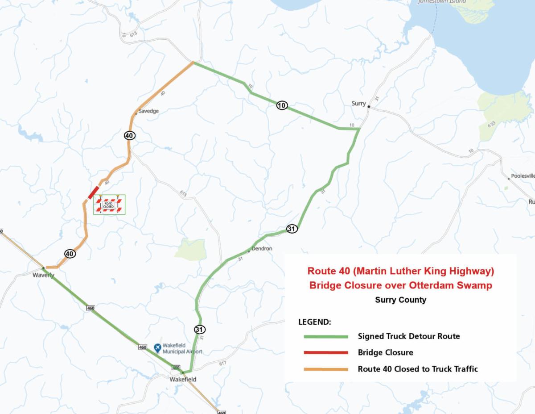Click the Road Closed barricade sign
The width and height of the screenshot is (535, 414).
tap(109, 205)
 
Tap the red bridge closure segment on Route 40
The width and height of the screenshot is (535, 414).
tap(94, 192)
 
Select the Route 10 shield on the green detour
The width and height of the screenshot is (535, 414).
tap(282, 105)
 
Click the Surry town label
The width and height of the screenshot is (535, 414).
tap(358, 104)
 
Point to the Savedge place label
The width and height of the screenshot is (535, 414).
tap(148, 111)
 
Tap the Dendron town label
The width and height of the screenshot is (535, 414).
tap(262, 248)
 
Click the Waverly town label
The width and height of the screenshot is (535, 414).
tap(43, 275)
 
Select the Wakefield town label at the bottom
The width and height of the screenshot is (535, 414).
tap(183, 379)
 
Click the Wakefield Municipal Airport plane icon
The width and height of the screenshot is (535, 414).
tap(157, 347)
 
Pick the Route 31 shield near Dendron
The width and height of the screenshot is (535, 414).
tap(292, 229)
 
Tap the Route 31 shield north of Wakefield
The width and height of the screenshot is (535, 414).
tap(200, 330)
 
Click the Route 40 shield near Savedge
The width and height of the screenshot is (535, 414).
tap(130, 135)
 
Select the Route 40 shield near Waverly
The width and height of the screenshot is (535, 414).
tap(70, 254)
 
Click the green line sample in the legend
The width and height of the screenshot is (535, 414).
tap(325, 336)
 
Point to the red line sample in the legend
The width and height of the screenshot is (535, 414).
tap(325, 353)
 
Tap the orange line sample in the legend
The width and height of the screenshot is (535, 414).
tap(325, 369)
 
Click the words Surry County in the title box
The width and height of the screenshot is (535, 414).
tap(400, 300)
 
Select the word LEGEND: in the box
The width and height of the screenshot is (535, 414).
tap(314, 322)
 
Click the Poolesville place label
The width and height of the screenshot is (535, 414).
tap(523, 176)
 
